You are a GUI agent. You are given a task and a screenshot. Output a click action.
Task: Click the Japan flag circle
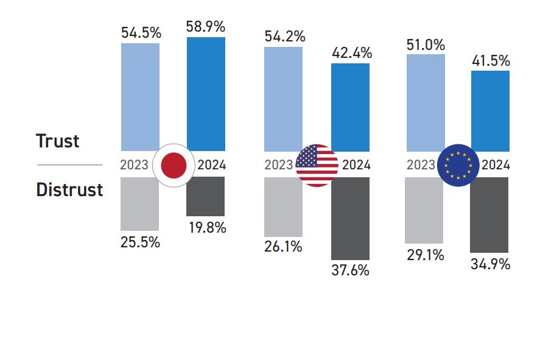click(x=174, y=165)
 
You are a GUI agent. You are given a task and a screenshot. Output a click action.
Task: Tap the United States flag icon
click(x=317, y=165)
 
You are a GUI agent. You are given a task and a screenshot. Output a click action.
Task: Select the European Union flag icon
click(x=458, y=165)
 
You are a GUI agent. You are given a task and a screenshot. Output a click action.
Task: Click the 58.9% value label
click(x=206, y=27)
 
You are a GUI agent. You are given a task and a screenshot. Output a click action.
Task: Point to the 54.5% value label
click(x=141, y=33)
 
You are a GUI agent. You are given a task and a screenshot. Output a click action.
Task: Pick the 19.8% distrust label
click(x=206, y=228)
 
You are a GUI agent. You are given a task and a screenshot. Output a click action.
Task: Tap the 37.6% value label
click(x=350, y=270)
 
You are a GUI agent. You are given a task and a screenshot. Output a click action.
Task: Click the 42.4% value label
click(x=351, y=53)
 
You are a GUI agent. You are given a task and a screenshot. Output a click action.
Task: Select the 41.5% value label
click(x=491, y=61)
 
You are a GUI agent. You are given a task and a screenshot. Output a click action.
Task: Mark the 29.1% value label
click(x=425, y=255)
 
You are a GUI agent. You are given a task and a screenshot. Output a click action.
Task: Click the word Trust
click(x=58, y=141)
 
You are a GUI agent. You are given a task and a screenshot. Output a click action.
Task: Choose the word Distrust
click(x=69, y=189)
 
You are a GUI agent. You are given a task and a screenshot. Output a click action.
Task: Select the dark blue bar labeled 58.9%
click(x=206, y=94)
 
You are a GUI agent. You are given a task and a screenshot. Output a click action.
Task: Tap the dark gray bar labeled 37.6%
click(x=350, y=219)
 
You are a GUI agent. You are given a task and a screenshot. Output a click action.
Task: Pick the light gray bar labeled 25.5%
click(x=140, y=203)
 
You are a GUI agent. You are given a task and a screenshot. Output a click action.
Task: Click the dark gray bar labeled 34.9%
click(x=489, y=214)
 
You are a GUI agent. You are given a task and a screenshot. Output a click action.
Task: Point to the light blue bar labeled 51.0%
click(x=425, y=102)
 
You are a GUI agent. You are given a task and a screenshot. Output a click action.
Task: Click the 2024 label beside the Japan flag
click(x=212, y=165)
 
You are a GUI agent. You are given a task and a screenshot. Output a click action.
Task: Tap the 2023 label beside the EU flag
click(x=421, y=165)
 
